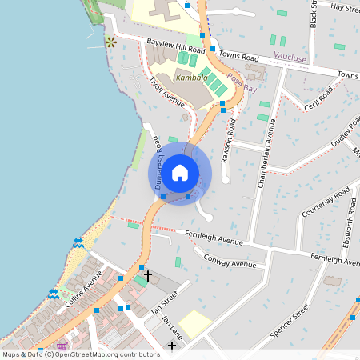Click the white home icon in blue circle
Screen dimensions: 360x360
(180, 173)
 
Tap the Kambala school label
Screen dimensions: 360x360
(192, 78)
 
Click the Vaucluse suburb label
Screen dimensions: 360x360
(290, 58)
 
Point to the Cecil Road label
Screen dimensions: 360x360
(318, 97)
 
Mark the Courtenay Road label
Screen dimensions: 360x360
(326, 204)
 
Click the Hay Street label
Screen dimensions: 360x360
(346, 6)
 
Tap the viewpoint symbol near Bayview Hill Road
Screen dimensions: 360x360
(110, 42)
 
